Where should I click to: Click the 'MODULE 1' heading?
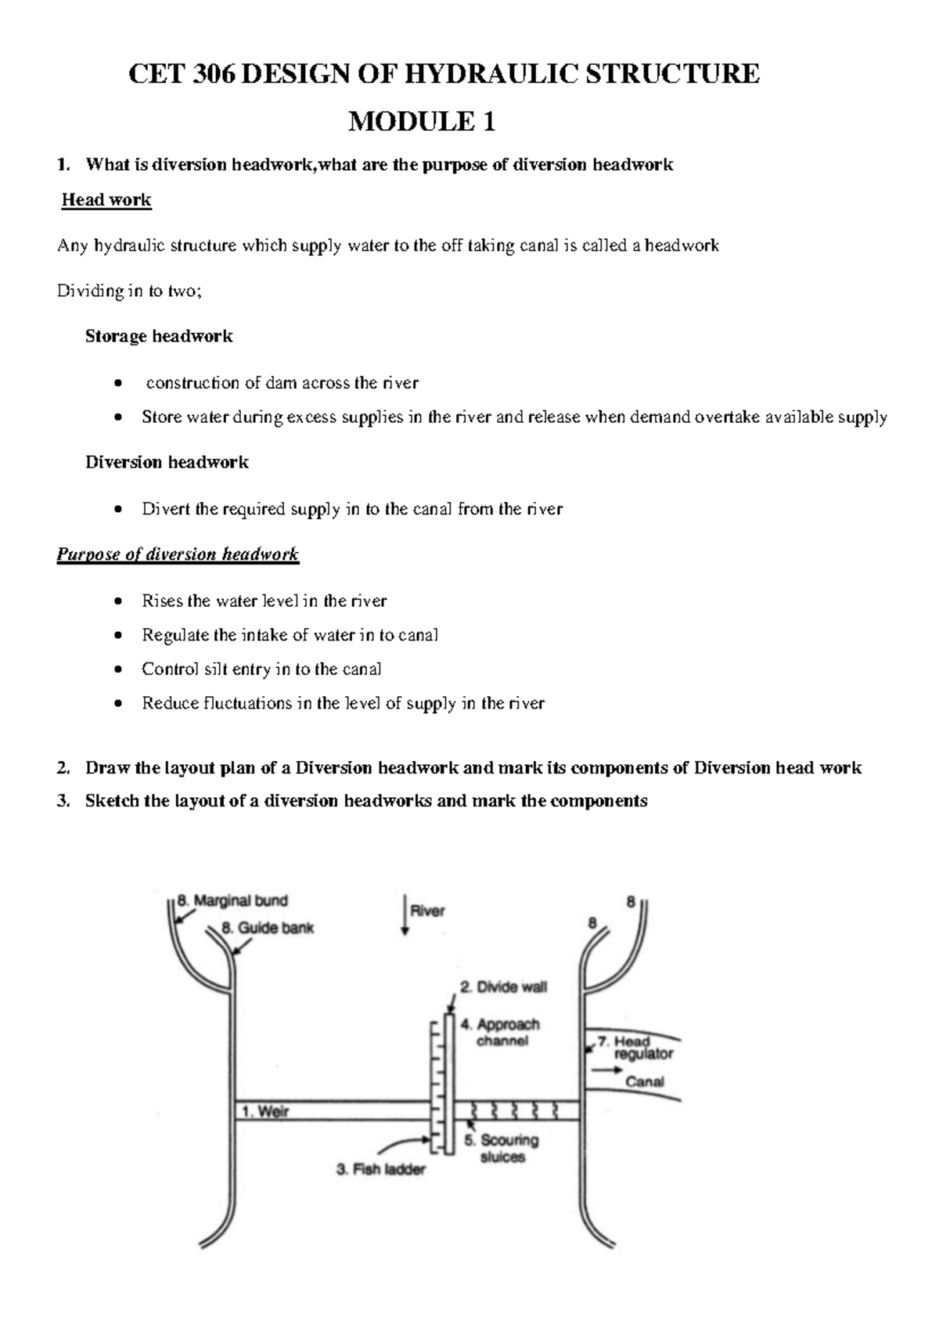click(422, 122)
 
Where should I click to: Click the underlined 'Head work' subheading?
click(106, 200)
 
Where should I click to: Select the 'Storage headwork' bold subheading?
click(159, 337)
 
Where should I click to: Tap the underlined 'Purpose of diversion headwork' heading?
click(178, 554)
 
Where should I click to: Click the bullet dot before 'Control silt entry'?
click(117, 670)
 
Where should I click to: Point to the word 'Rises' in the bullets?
click(161, 601)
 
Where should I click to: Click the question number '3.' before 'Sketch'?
click(63, 801)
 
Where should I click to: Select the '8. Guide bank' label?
click(268, 928)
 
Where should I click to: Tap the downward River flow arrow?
click(405, 917)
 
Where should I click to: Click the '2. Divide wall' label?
click(503, 987)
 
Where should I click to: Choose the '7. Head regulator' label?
click(635, 1048)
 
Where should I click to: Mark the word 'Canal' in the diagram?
click(645, 1082)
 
